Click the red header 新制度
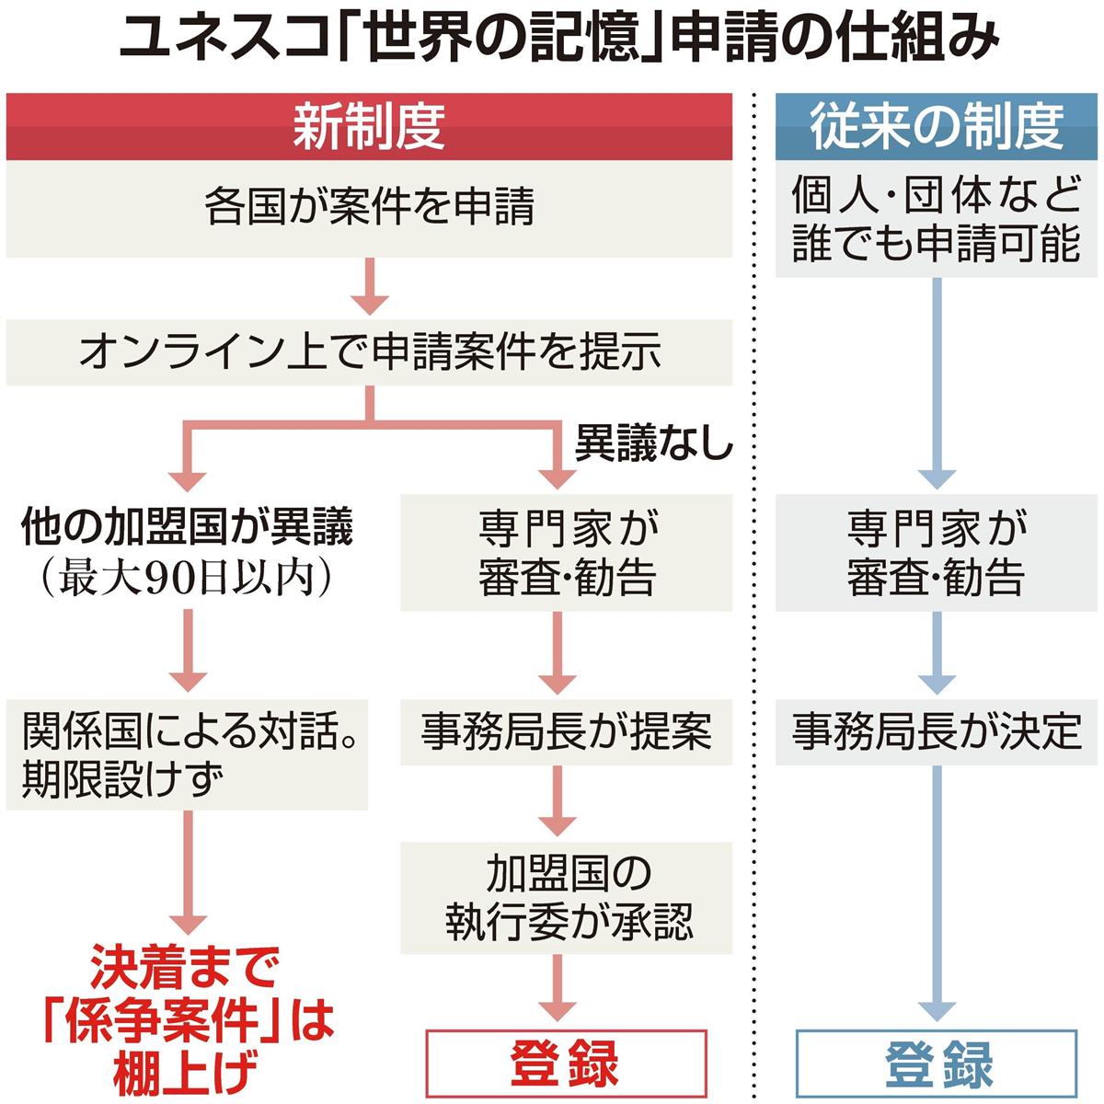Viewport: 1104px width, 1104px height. tap(369, 127)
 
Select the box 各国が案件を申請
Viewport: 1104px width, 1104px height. tap(369, 208)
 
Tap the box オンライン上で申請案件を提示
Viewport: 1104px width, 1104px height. tap(369, 352)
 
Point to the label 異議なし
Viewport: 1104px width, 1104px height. tap(652, 445)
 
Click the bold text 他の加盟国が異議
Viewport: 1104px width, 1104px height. tap(187, 527)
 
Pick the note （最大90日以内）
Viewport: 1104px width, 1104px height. tap(187, 579)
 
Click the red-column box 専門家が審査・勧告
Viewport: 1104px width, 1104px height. tap(566, 553)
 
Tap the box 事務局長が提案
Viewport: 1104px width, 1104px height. tap(566, 731)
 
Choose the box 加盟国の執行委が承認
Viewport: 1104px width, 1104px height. tap(566, 898)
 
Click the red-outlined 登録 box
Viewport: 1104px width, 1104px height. tap(566, 1064)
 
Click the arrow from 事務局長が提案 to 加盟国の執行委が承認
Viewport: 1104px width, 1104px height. tap(558, 801)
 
